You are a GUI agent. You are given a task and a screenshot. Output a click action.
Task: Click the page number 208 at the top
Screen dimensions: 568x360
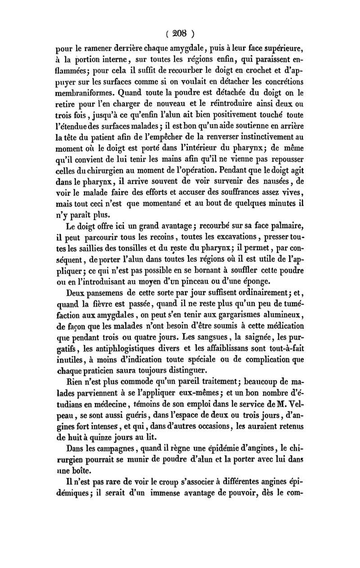[180, 33]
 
